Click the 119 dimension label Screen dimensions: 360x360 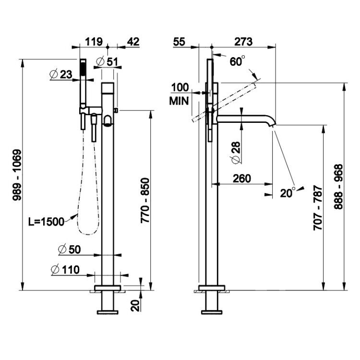click(x=94, y=42)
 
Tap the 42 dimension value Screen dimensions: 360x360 click(x=133, y=42)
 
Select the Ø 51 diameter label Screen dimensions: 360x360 click(x=107, y=61)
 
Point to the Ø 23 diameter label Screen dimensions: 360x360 click(x=61, y=74)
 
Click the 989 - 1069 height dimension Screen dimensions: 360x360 click(x=17, y=175)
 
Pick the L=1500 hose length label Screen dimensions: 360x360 click(x=46, y=222)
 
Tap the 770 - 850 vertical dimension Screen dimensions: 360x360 click(x=145, y=200)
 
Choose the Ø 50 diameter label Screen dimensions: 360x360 click(x=69, y=250)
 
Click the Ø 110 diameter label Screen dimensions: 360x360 click(x=65, y=270)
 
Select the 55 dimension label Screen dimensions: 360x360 click(x=179, y=42)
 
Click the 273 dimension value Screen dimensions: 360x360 click(x=243, y=42)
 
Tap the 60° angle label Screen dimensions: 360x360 click(x=237, y=61)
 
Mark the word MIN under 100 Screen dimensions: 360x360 click(x=179, y=101)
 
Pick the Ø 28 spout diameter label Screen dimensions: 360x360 click(x=236, y=153)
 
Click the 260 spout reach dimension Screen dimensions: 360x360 click(x=242, y=179)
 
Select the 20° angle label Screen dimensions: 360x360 click(x=288, y=192)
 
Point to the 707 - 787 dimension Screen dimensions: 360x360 click(x=318, y=208)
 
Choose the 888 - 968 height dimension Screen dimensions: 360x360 click(x=338, y=186)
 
